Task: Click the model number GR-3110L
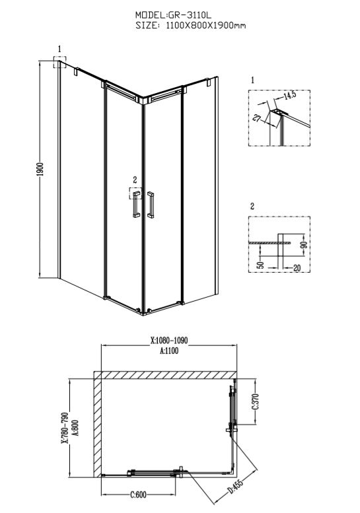click(x=190, y=15)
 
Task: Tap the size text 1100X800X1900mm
click(x=206, y=26)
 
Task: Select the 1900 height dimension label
click(x=40, y=169)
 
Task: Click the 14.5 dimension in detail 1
click(x=289, y=95)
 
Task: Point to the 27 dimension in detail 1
click(x=256, y=118)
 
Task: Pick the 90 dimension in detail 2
click(x=305, y=244)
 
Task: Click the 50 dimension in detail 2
click(x=260, y=265)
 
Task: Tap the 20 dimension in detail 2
click(x=297, y=268)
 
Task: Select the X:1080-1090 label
click(x=169, y=341)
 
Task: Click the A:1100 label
click(x=169, y=351)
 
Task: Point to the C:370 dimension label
click(x=256, y=401)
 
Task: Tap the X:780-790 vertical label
click(x=65, y=427)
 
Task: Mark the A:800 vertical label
click(x=75, y=428)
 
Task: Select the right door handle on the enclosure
click(x=151, y=205)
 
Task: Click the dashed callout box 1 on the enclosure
click(x=60, y=62)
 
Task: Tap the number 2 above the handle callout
click(x=135, y=180)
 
